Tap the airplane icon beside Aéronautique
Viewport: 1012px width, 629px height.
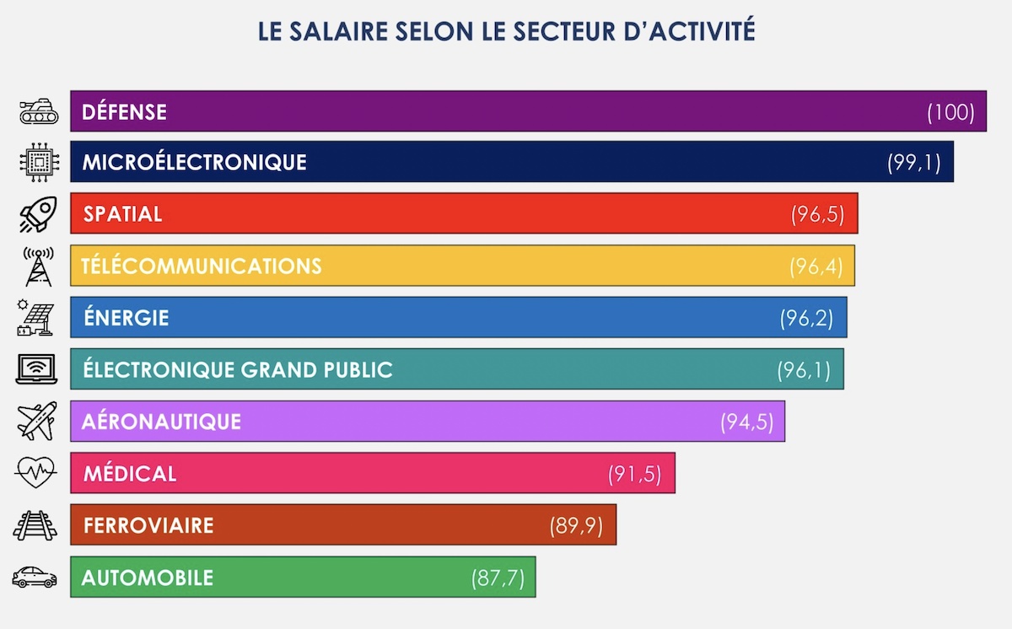(x=37, y=421)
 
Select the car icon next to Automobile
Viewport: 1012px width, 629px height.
(x=35, y=578)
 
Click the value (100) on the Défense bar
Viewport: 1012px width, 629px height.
(x=950, y=112)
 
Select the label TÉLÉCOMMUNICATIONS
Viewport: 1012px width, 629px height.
(x=202, y=266)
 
